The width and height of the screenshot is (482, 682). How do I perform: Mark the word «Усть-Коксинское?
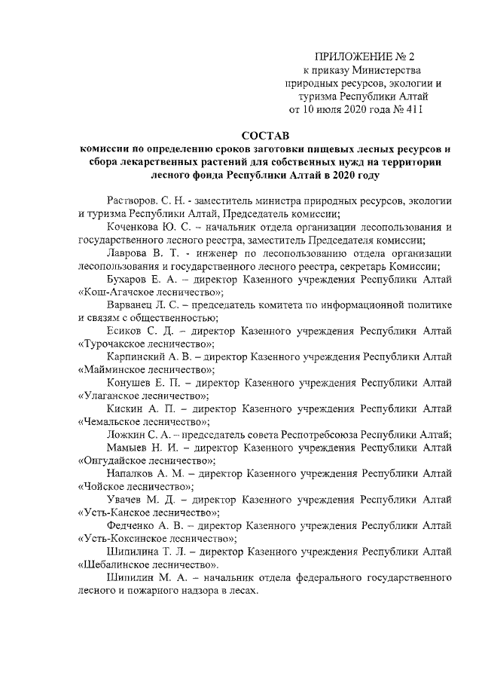click(120, 538)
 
